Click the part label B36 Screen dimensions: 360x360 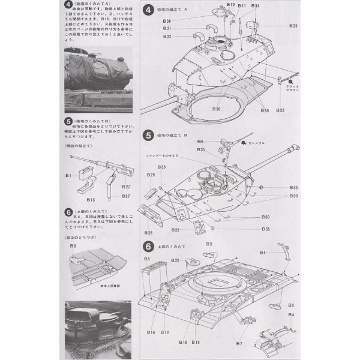167,22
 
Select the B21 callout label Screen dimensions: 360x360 167,29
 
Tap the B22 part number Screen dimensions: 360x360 167,37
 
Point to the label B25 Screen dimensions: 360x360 293,26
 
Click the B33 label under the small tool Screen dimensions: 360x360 280,110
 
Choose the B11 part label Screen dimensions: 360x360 242,5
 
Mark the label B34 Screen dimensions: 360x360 256,5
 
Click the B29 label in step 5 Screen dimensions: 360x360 152,175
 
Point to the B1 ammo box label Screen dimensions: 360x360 69,175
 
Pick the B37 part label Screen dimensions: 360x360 125,196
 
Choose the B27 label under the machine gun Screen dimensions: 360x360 125,187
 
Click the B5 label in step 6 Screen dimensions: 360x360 147,258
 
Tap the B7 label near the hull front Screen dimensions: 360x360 239,344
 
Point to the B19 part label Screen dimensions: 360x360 195,341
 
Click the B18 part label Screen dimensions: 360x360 164,332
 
